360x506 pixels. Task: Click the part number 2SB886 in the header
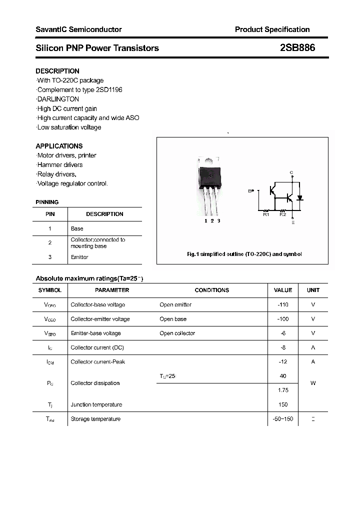[x=297, y=48]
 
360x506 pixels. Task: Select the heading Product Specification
[x=272, y=29]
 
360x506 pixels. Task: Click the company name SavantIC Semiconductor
[x=78, y=29]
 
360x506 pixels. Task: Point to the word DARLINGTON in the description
[x=58, y=99]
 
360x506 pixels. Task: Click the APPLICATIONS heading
[x=59, y=146]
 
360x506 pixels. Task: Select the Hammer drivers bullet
[x=60, y=165]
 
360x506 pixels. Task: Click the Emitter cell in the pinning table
[x=79, y=257]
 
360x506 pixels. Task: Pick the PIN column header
[x=50, y=214]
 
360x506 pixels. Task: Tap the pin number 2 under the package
[x=212, y=220]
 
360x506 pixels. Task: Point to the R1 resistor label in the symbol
[x=266, y=214]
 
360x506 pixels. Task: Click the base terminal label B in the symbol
[x=249, y=191]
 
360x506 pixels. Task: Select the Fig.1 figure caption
[x=244, y=254]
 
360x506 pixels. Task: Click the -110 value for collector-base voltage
[x=283, y=304]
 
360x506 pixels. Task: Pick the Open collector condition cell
[x=177, y=333]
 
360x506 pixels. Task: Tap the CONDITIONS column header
[x=212, y=290]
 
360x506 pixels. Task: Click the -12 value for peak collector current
[x=283, y=361]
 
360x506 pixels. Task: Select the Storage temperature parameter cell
[x=95, y=418]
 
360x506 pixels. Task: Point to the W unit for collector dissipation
[x=313, y=383]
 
